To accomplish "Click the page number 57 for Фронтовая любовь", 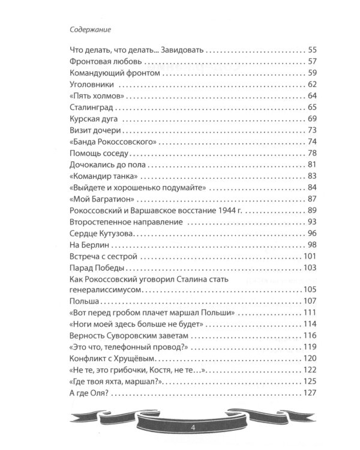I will pyautogui.click(x=311, y=61).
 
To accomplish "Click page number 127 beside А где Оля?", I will pyautogui.click(x=308, y=393).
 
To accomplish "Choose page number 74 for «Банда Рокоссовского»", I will pyautogui.click(x=311, y=142).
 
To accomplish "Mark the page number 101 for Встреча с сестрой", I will pyautogui.click(x=308, y=256).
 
